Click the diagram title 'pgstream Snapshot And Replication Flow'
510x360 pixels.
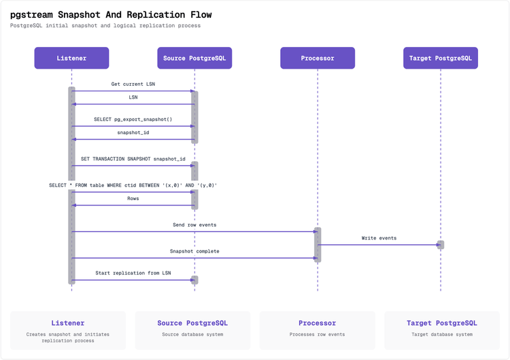(111, 14)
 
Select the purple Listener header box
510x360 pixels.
(71, 59)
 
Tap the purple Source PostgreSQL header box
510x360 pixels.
(194, 59)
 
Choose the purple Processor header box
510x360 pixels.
(318, 59)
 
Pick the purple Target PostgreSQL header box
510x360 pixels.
(440, 59)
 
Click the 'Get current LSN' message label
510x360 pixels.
(133, 84)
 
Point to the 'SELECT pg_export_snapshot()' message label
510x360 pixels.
(133, 120)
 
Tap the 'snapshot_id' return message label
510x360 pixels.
(133, 133)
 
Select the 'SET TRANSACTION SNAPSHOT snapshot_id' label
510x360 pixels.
(133, 159)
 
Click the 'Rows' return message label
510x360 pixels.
(133, 199)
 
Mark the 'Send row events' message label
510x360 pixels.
(194, 225)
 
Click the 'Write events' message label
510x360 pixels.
(379, 238)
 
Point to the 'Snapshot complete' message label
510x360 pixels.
(194, 251)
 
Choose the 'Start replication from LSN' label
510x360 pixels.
(133, 273)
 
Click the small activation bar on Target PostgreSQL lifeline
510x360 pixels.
(441, 245)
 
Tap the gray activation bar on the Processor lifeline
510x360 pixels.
(318, 244)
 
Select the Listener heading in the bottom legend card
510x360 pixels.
(68, 323)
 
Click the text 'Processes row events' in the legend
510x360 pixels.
(318, 335)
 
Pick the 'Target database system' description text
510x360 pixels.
(442, 335)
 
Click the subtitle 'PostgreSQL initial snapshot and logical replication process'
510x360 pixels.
(105, 26)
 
